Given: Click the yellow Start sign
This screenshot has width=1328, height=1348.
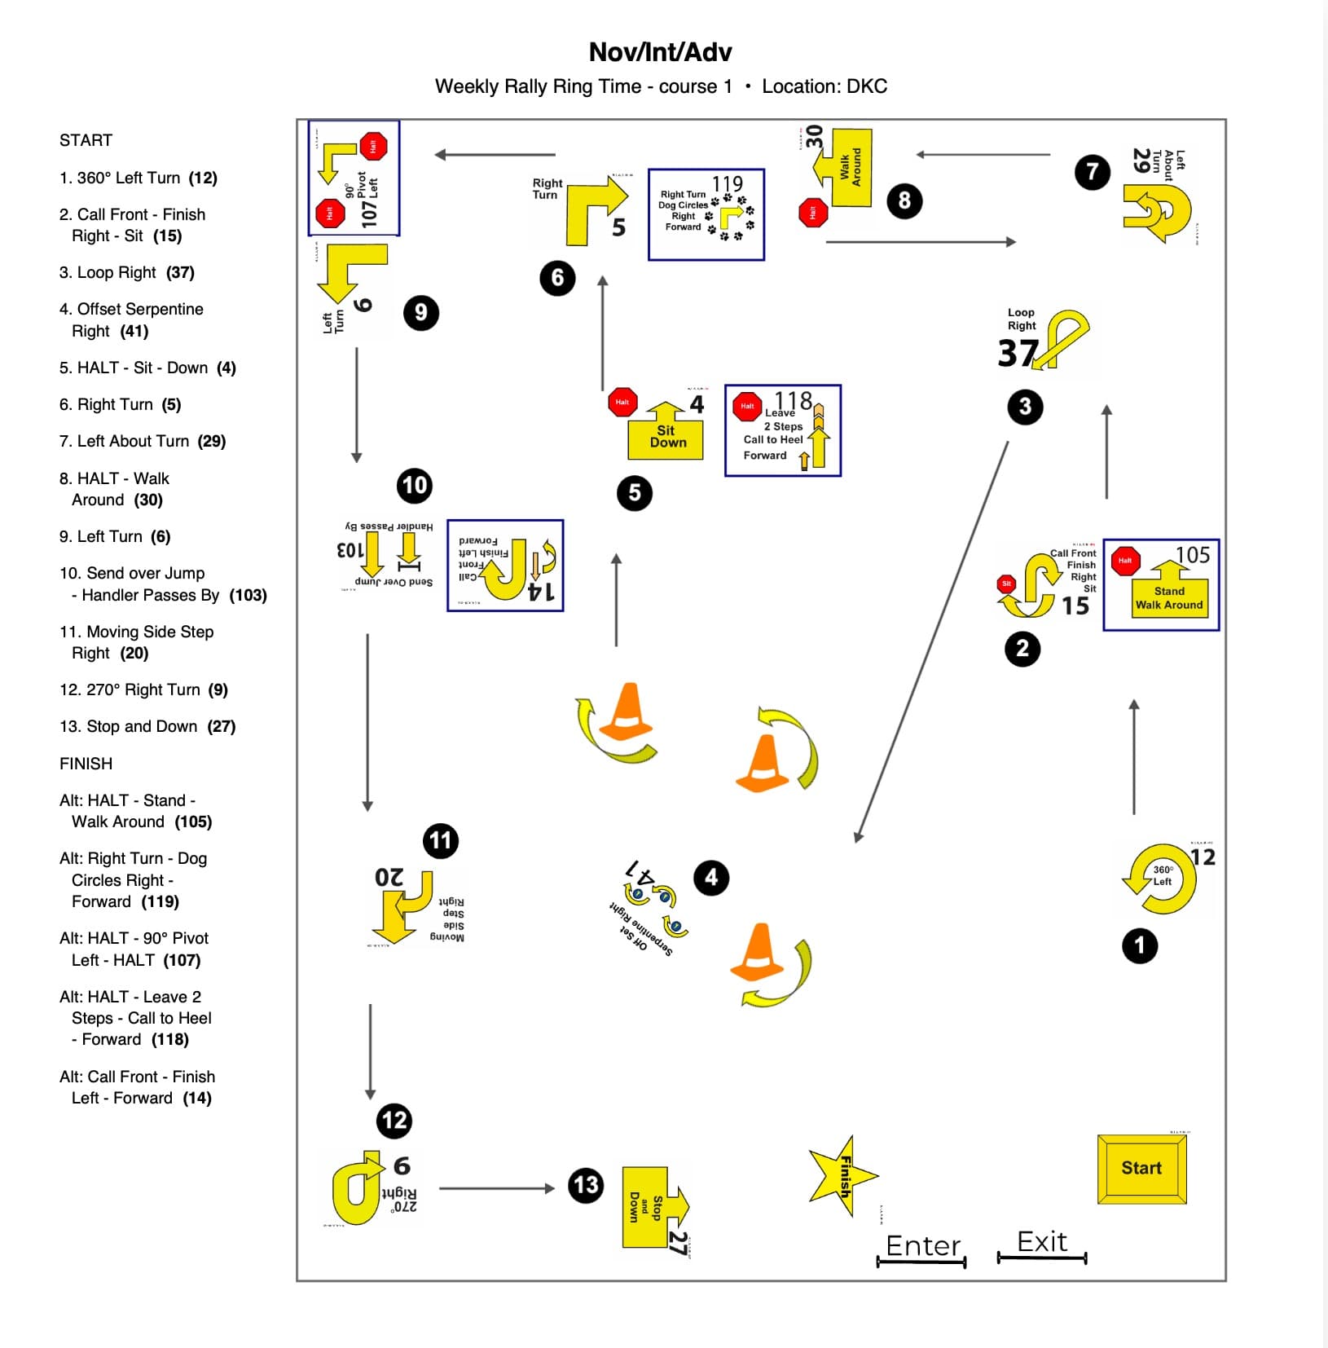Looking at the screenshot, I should (x=1141, y=1168).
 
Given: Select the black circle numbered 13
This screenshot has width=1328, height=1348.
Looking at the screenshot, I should (x=586, y=1185).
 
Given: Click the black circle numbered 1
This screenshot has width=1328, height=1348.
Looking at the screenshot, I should (x=1139, y=945).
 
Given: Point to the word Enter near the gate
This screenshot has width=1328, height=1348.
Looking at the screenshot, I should (x=923, y=1245).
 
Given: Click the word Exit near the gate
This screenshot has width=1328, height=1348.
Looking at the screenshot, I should (x=1042, y=1241).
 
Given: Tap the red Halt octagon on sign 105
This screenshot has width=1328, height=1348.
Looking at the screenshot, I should (x=1125, y=561).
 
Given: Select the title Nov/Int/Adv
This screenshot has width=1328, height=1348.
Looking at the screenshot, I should (x=660, y=52).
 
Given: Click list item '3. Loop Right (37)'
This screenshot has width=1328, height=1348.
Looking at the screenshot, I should (x=126, y=272).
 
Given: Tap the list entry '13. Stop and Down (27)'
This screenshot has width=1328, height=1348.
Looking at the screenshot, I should (x=147, y=726).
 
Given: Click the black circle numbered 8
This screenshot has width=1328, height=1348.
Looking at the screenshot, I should (x=904, y=200).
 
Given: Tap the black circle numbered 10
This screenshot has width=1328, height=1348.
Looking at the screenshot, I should (x=414, y=486).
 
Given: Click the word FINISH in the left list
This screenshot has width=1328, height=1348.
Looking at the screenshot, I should (x=86, y=764).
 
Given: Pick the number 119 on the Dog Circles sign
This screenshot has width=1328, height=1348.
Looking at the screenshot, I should (x=728, y=183).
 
